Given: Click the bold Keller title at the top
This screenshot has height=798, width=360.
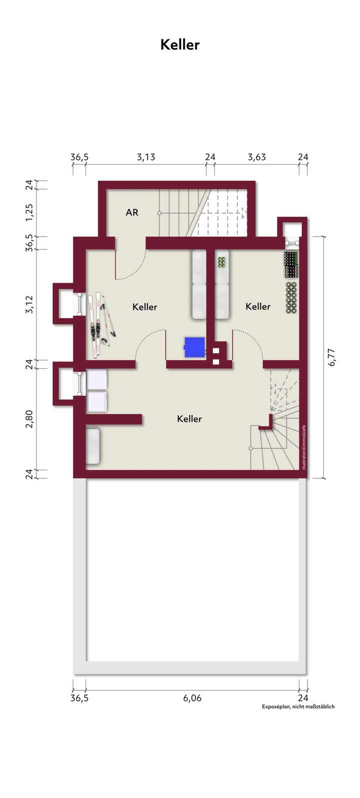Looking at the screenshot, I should [x=180, y=45].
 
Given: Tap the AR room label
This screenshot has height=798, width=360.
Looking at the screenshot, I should [x=132, y=213].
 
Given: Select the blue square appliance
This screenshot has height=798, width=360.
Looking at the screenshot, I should [x=194, y=347].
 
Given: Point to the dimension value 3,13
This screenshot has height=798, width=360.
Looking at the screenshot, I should [x=146, y=158].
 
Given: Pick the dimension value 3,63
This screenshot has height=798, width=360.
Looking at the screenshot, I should [x=256, y=158].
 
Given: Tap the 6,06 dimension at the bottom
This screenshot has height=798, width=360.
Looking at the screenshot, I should [x=192, y=698].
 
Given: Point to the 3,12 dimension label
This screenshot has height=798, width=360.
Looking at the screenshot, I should [x=30, y=304].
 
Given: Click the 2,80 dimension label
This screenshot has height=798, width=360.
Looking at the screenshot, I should [x=30, y=419].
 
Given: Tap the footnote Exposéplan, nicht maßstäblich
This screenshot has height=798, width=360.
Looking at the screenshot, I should [x=298, y=706].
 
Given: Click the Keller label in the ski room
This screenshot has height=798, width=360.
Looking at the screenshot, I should [x=145, y=307].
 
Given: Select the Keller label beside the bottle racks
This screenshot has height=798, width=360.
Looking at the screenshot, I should [x=258, y=306].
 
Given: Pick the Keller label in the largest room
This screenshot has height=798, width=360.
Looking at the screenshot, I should [x=189, y=419].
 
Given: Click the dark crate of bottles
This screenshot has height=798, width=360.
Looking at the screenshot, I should [x=291, y=265].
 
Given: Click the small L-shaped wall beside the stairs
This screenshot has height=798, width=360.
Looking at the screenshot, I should [x=268, y=424].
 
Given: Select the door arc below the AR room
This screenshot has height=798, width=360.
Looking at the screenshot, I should [x=131, y=265].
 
